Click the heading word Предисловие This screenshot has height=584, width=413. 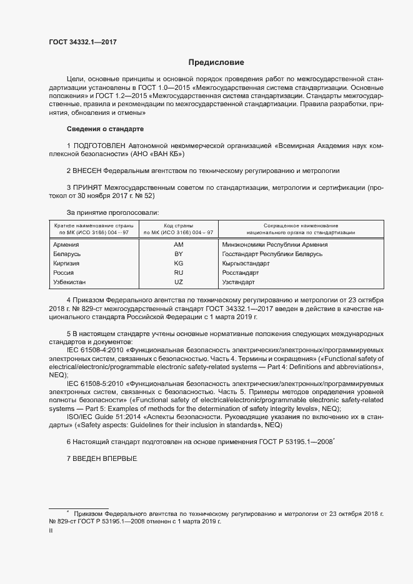click(x=216, y=62)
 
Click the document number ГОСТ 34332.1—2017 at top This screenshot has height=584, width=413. click(x=82, y=42)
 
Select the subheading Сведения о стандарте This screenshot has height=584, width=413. click(x=105, y=129)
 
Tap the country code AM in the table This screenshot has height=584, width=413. click(x=178, y=245)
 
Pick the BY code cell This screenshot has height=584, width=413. click(x=178, y=254)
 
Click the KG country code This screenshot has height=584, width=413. click(x=178, y=264)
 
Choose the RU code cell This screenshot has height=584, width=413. click(x=178, y=273)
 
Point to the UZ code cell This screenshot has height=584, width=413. click(x=178, y=282)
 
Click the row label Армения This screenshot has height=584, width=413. click(x=67, y=245)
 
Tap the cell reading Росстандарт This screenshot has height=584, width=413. click(x=241, y=273)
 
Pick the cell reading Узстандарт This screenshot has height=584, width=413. click(x=239, y=282)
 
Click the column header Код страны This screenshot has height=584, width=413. click(x=178, y=225)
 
